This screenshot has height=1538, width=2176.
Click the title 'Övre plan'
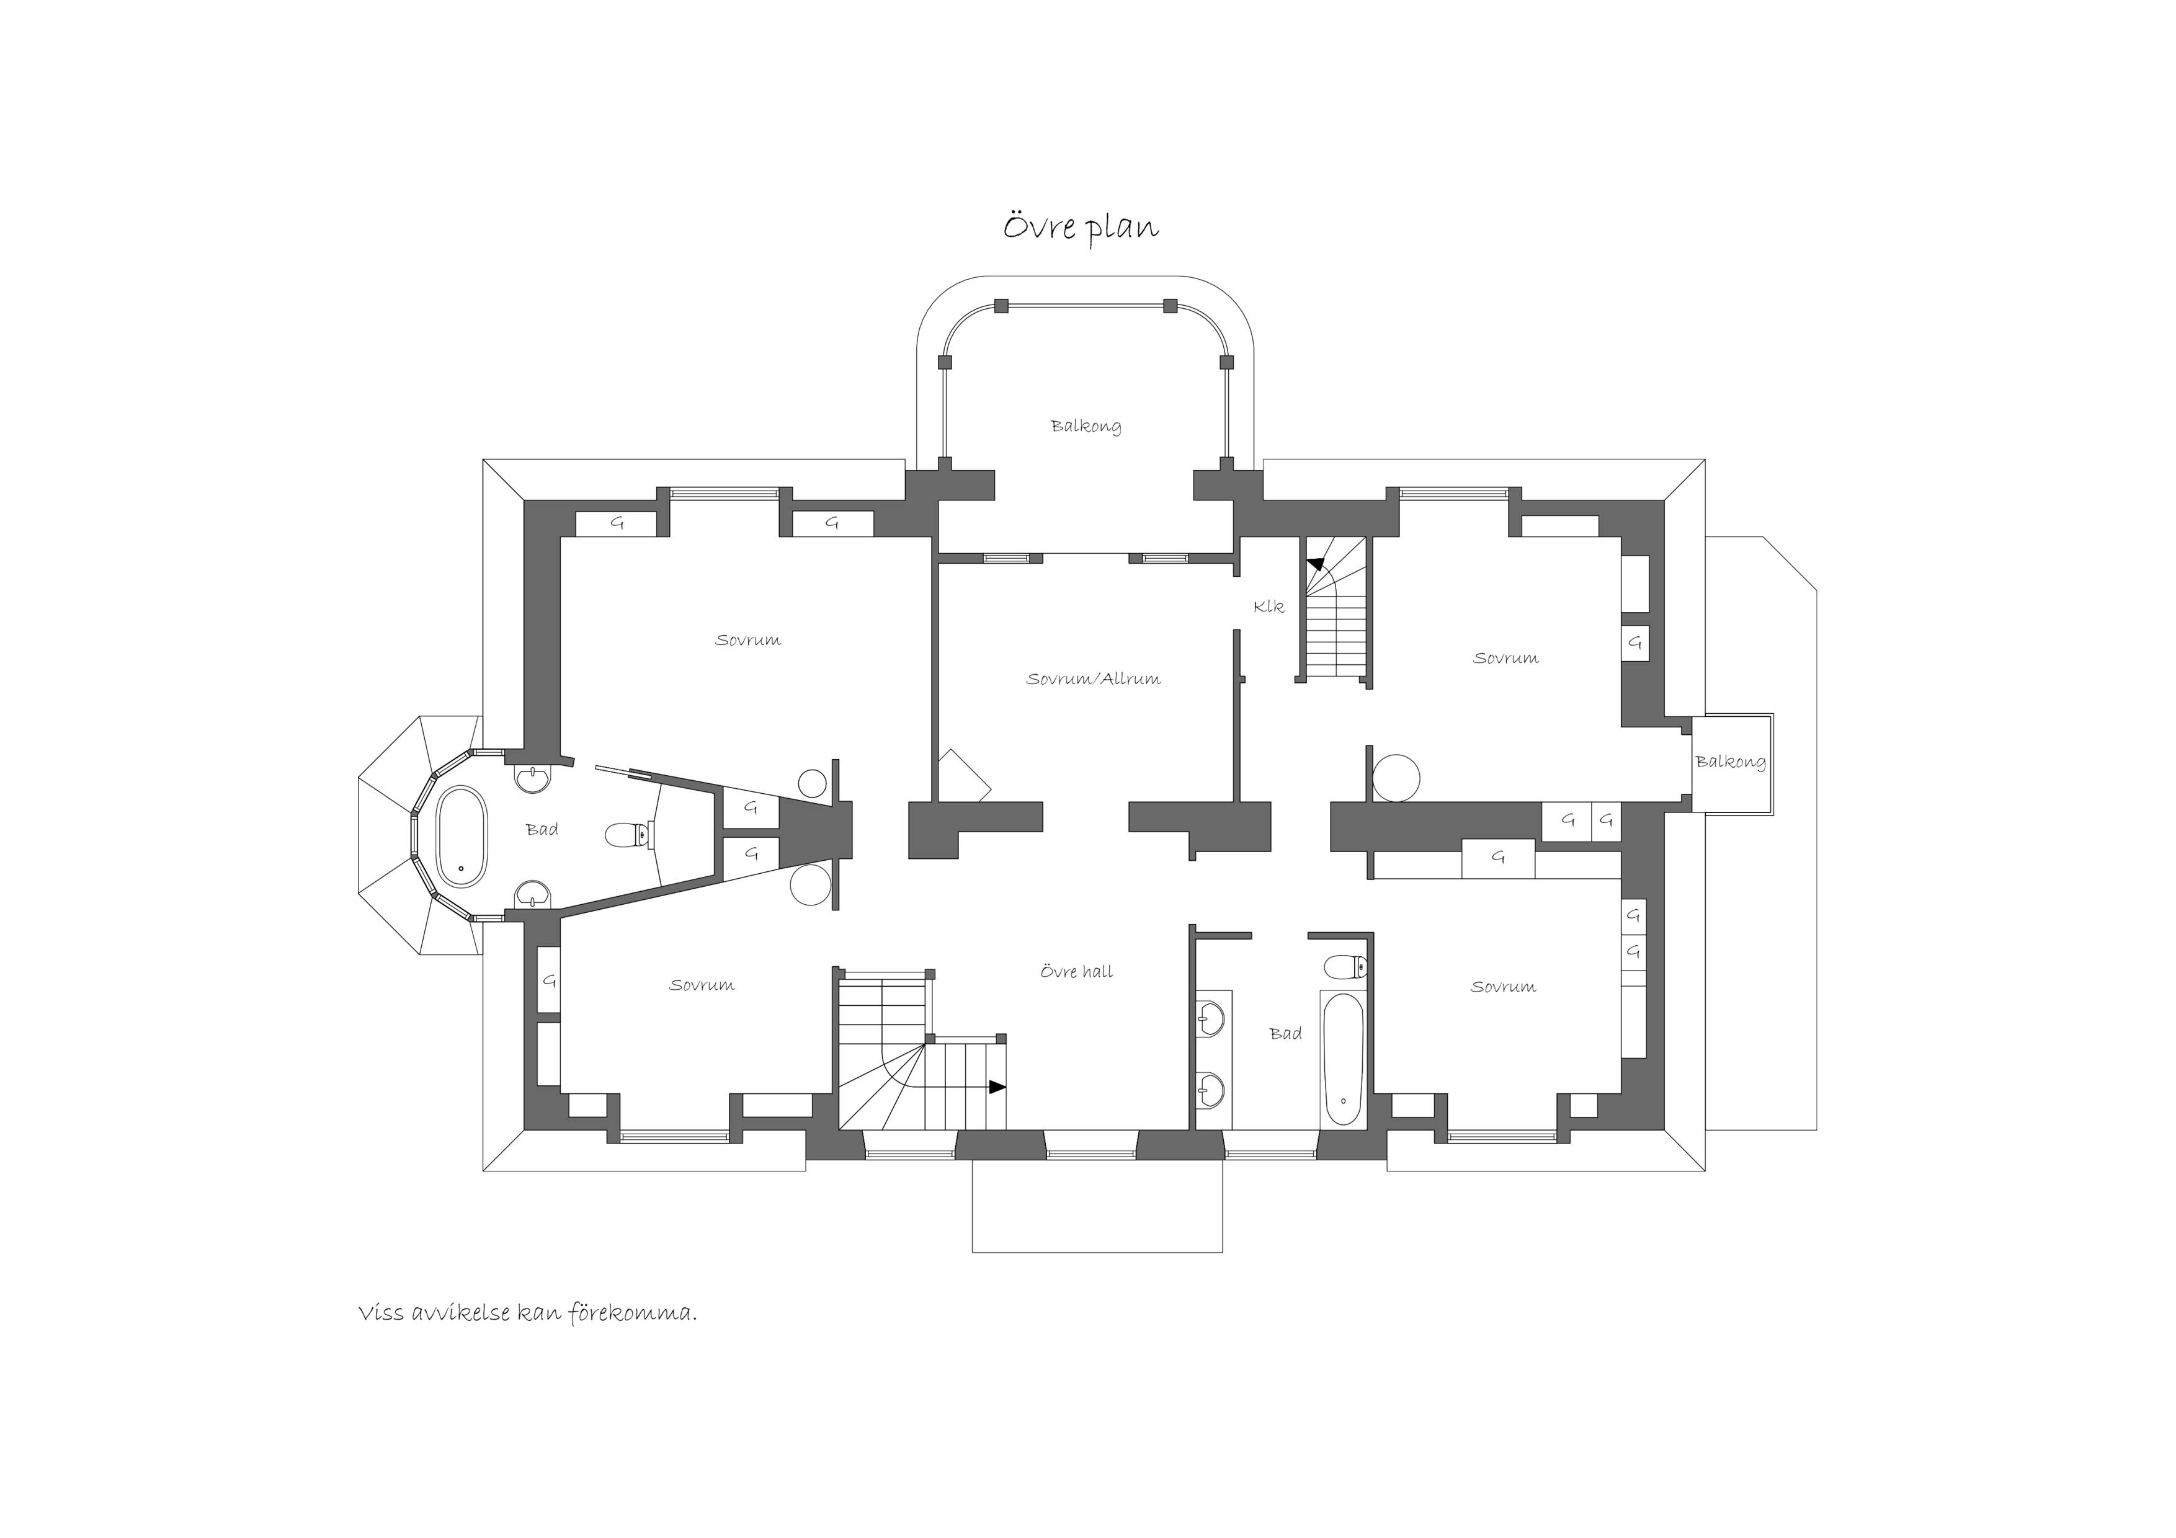[1081, 228]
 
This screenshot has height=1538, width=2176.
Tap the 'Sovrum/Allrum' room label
[1093, 678]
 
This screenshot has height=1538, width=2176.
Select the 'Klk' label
[1268, 607]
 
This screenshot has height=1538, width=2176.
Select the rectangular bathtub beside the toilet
[1343, 1059]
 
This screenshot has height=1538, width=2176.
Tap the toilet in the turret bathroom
[628, 835]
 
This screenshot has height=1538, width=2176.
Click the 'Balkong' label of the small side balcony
[1731, 762]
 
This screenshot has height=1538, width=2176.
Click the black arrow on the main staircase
[997, 1087]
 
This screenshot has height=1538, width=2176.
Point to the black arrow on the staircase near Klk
[1316, 565]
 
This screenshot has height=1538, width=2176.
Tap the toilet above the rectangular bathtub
[1345, 967]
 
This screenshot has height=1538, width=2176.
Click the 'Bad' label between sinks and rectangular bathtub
[1285, 1034]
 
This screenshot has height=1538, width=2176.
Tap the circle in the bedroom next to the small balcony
[1395, 777]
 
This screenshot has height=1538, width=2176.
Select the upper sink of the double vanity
[1210, 1019]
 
